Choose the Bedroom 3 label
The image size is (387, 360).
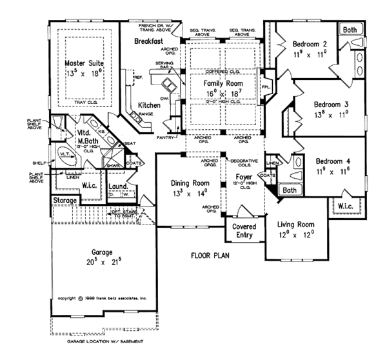[332, 104]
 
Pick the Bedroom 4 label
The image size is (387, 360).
[332, 162]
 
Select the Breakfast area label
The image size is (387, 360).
[152, 41]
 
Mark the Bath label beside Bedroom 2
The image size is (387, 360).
[350, 30]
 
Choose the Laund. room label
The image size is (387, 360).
[117, 187]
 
